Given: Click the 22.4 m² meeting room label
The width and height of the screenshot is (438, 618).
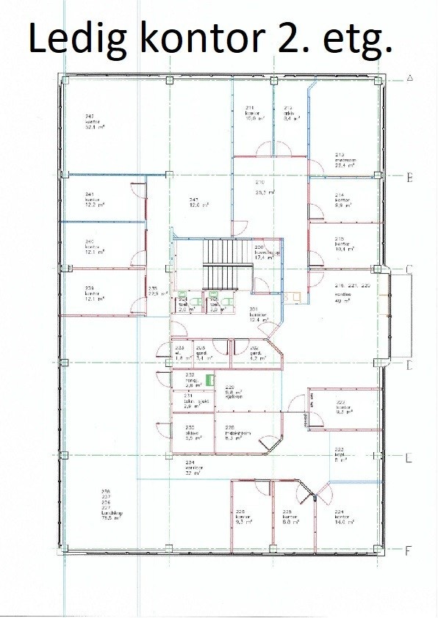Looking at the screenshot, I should point(340,165).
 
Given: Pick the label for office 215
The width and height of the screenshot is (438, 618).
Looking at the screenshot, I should point(340,244).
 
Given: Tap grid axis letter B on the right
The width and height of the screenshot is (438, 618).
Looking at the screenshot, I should point(409,177).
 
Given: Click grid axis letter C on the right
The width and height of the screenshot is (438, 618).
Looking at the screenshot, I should point(409,269).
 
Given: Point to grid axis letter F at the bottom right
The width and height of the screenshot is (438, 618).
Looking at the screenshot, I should point(409,549).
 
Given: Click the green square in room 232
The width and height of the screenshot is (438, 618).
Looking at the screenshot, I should point(209,379).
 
